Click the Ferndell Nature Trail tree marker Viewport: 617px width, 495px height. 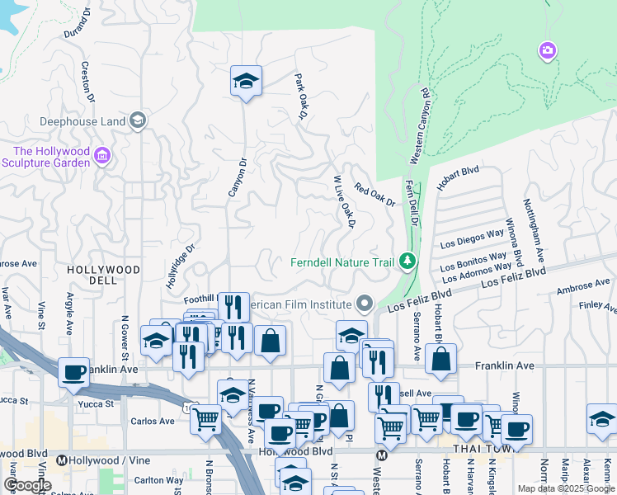406,262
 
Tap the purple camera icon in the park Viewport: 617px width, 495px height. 547,52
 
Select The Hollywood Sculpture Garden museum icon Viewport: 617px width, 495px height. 102,156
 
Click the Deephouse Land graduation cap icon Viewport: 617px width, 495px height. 137,121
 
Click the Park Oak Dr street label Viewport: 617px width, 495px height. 301,97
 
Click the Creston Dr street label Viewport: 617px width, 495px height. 87,79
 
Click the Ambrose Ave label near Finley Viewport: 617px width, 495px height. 582,287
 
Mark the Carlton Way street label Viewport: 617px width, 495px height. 158,480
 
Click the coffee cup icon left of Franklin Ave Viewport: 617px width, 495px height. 74,372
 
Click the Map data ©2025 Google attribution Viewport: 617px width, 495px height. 565,488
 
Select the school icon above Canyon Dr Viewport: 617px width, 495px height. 246,81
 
